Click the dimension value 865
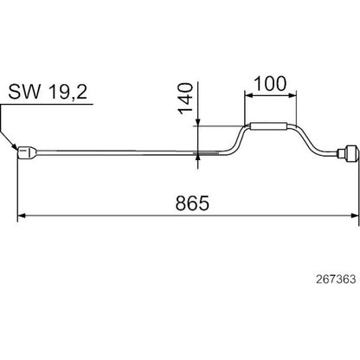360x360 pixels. (192, 202)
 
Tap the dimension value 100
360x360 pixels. (270, 84)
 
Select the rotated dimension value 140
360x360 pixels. (185, 99)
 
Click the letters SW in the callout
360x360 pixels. (24, 93)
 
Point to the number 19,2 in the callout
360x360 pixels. (67, 93)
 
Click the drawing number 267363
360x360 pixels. (336, 280)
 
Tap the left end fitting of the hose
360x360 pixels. (28, 152)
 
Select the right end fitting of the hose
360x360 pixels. (348, 152)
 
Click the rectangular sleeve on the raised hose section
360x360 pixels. (268, 126)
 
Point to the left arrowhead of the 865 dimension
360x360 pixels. (22, 215)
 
